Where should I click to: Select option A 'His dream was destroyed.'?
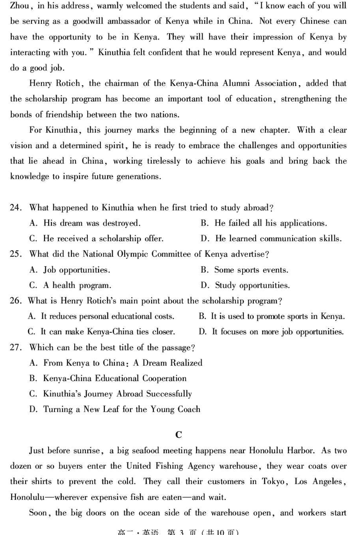(85, 223)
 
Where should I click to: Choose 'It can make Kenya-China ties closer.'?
(101, 332)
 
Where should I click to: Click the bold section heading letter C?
(179, 435)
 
